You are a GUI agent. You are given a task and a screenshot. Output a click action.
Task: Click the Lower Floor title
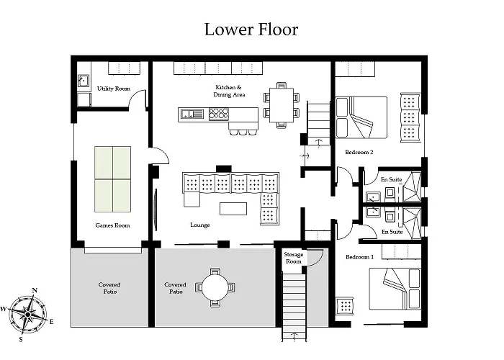pos(251,30)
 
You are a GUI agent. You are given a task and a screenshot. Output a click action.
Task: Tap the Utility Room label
pos(114,89)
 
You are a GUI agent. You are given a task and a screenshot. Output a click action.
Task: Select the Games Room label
pos(112,225)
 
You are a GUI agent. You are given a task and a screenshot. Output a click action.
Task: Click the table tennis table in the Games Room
pos(112,179)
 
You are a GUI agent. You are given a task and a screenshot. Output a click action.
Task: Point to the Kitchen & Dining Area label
pos(229,91)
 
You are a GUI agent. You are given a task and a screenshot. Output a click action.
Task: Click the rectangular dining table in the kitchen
pos(282,105)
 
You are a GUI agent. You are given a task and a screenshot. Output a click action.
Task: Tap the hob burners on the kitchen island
pos(219,114)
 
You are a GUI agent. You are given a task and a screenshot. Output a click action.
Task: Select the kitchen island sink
pos(192,114)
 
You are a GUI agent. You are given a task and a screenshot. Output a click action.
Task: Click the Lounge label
pos(200,225)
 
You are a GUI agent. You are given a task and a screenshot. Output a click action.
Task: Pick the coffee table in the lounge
pos(233,209)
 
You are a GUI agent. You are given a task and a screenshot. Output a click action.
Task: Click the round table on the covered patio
pos(215,287)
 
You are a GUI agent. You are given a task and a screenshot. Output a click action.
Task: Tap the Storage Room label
pos(294,258)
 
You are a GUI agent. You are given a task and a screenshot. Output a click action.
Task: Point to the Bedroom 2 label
pos(359,152)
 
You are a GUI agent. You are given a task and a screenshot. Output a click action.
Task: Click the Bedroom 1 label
pos(360,257)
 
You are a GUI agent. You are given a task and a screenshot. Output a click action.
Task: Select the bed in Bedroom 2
pos(361,117)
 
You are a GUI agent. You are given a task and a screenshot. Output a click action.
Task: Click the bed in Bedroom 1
pos(395,289)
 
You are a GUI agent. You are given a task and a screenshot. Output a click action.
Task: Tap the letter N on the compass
pos(35,291)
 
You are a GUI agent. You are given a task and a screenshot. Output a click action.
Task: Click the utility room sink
pos(84,81)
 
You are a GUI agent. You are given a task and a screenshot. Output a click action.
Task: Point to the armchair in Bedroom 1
pos(345,306)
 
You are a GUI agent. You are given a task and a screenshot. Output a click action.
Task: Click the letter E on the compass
pos(51,322)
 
